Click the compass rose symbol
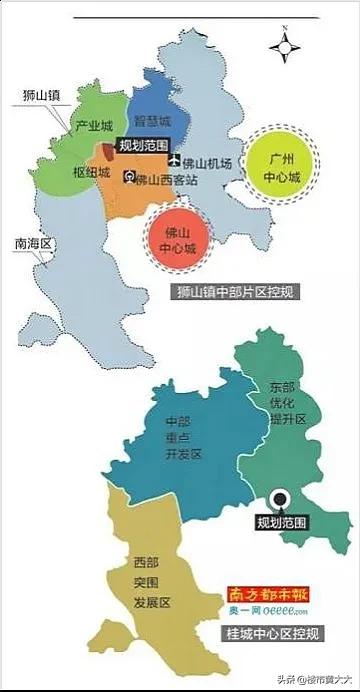click(285, 45)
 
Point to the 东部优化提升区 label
click(283, 402)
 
